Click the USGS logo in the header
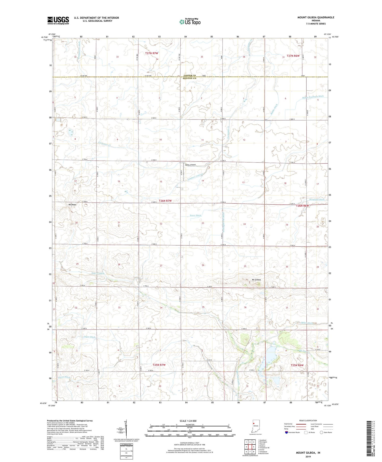(x=58, y=20)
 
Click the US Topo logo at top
(x=190, y=22)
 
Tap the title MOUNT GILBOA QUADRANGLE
(x=316, y=17)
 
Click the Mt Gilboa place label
(x=256, y=280)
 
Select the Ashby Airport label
(x=190, y=165)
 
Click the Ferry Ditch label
(x=195, y=216)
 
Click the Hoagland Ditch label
(x=317, y=200)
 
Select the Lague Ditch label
(x=89, y=337)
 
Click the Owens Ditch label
(x=64, y=377)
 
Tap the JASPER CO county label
(x=189, y=76)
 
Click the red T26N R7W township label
(x=165, y=201)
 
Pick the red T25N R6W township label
(x=297, y=365)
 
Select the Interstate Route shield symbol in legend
(x=286, y=432)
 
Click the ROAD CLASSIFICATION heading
(x=308, y=420)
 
